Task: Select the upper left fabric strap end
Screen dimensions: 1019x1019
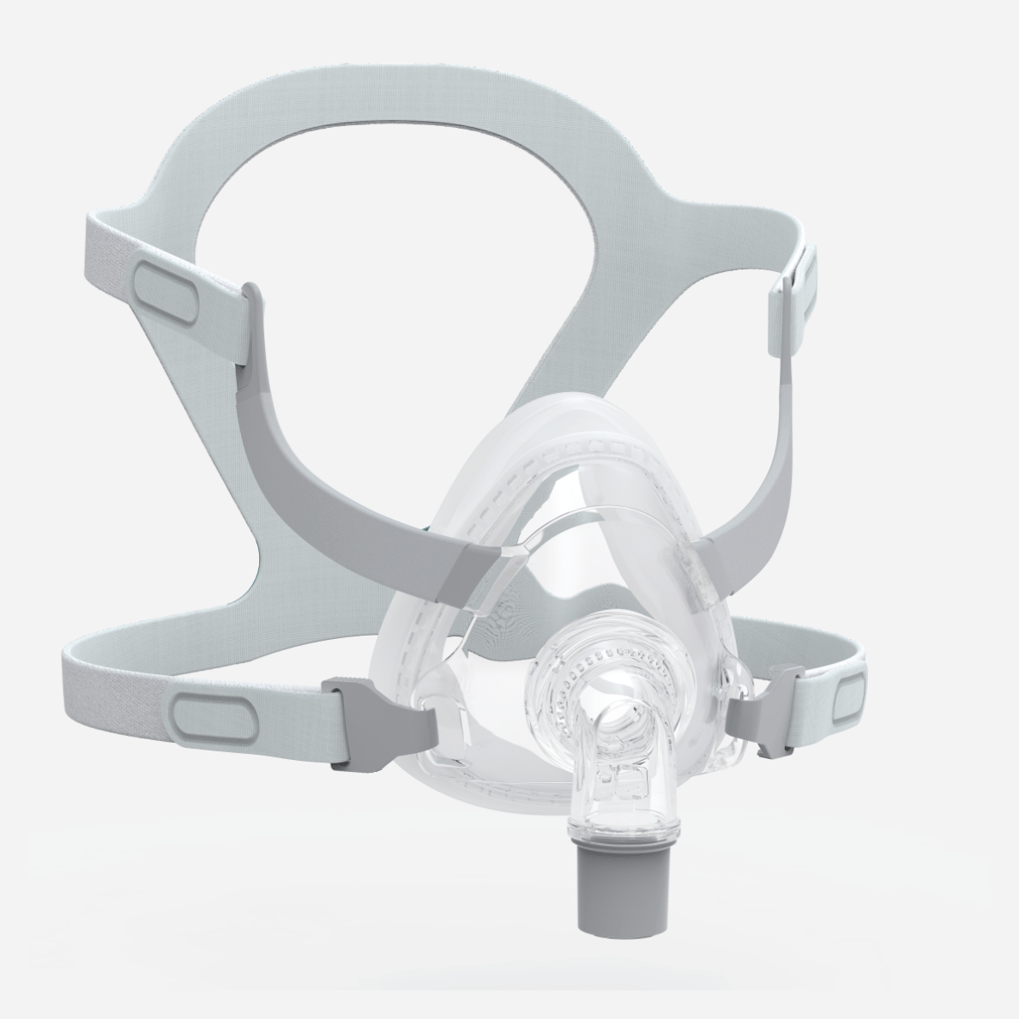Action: point(103,257)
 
